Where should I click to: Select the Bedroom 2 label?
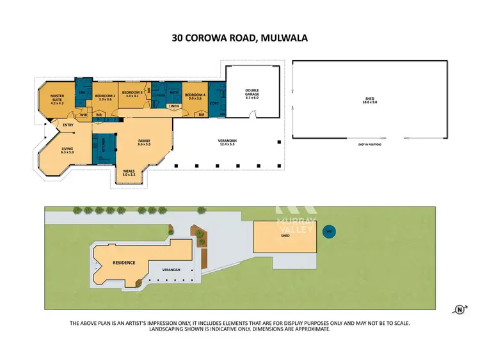(104, 96)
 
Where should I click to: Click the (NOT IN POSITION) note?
(371, 146)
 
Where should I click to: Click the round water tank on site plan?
(330, 231)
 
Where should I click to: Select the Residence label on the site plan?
(124, 262)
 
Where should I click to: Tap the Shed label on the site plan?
(285, 236)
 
